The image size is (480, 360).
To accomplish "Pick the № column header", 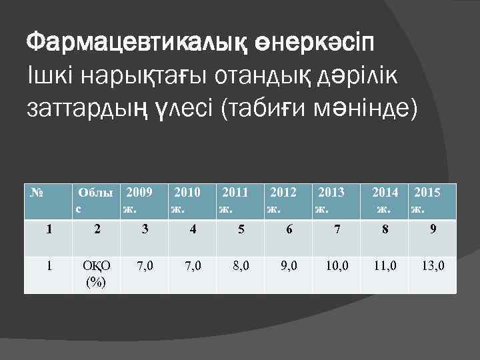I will (x=37, y=193).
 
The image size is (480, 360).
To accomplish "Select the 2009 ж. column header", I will (x=139, y=200).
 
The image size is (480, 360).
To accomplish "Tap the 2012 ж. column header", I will (x=282, y=200).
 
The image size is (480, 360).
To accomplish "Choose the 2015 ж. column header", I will (x=427, y=200).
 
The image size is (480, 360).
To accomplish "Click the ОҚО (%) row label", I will (x=97, y=274).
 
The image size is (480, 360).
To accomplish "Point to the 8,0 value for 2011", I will (x=241, y=267).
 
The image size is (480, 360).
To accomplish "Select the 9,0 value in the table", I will (x=290, y=267).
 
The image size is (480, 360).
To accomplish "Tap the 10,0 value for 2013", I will (x=337, y=267).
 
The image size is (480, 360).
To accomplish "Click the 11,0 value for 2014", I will (x=385, y=267).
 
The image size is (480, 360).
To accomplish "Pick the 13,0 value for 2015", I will (x=433, y=267).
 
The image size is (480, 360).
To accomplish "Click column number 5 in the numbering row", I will (x=241, y=230).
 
